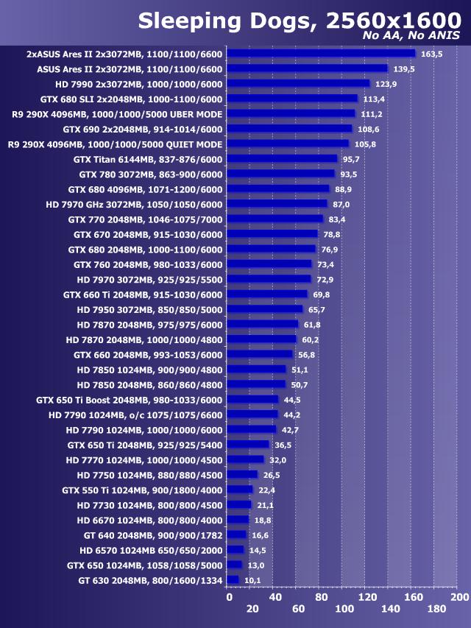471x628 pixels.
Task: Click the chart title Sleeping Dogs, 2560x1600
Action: click(298, 21)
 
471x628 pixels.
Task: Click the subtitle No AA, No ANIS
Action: click(411, 36)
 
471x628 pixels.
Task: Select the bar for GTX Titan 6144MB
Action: click(282, 158)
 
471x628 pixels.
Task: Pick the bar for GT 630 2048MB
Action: click(233, 579)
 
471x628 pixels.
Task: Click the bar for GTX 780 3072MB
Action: click(280, 174)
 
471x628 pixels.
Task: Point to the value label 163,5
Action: click(431, 54)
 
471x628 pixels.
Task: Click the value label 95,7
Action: click(352, 159)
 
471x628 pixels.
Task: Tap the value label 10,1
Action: click(253, 580)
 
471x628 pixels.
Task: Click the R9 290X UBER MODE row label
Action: click(117, 113)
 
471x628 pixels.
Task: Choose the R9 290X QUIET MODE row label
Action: click(117, 144)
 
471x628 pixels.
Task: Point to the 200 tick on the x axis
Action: click(459, 596)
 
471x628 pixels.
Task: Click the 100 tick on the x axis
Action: click(343, 609)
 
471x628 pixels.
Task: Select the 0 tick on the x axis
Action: click(229, 596)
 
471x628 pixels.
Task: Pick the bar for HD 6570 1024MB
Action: click(235, 549)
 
